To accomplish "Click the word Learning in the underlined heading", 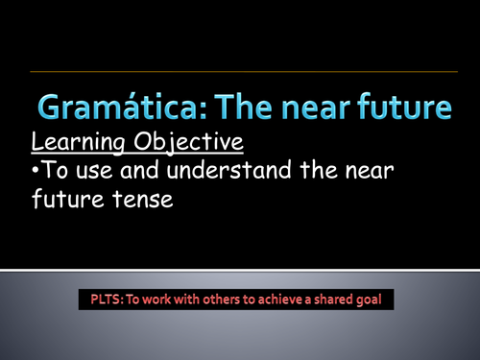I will (75, 143).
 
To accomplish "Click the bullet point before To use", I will (36, 175).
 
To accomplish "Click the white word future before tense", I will (69, 204).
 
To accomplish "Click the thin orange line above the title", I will (240, 71).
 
